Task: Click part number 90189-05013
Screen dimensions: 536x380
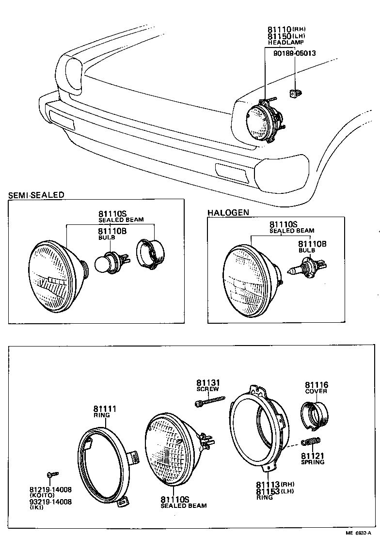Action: point(295,53)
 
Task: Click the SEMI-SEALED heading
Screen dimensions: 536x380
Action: point(36,195)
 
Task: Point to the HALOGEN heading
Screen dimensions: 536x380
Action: point(228,212)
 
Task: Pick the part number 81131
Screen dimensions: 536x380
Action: point(207,382)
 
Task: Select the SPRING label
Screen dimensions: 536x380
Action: point(312,462)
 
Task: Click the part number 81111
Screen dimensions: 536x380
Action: point(105,409)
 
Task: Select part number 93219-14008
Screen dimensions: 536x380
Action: point(51,502)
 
